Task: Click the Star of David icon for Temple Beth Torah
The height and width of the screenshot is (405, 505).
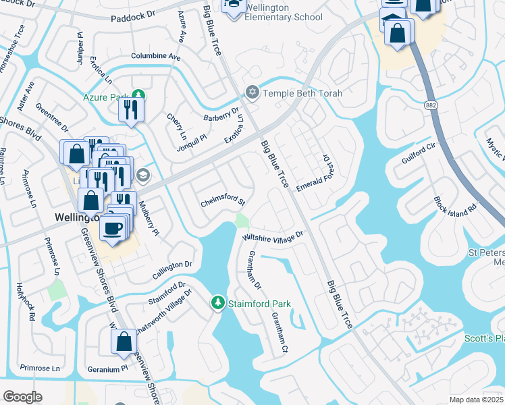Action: click(x=252, y=92)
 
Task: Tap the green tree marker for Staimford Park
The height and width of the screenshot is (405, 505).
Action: click(x=217, y=304)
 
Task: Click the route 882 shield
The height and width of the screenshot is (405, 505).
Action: click(x=430, y=106)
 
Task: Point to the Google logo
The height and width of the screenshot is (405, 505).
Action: click(x=22, y=397)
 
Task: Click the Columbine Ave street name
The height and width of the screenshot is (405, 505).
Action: click(x=156, y=57)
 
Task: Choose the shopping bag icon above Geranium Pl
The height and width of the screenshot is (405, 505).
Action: click(x=124, y=342)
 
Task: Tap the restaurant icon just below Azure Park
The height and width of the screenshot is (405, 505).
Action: click(x=130, y=110)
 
